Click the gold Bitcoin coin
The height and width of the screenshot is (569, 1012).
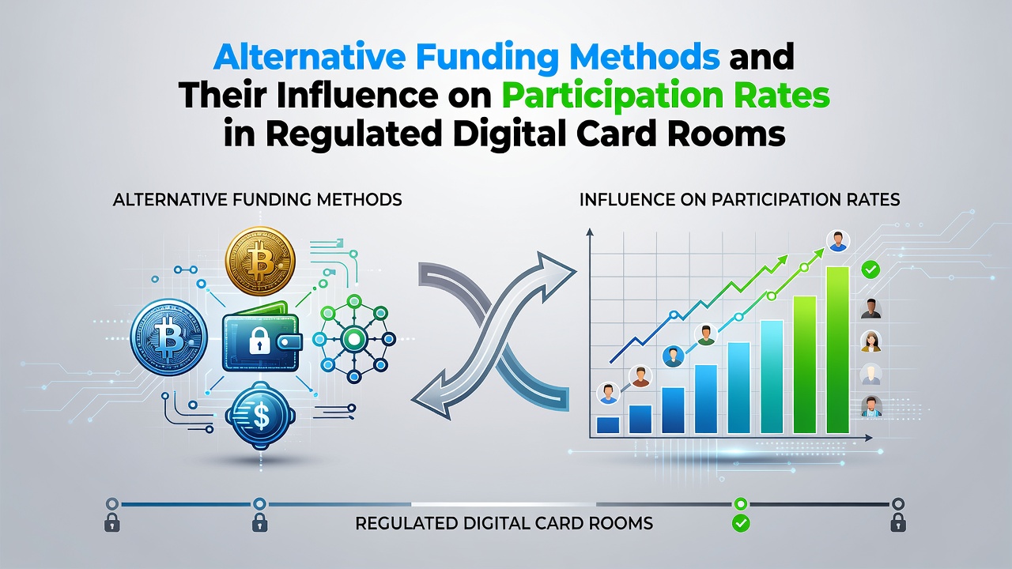pyautogui.click(x=260, y=262)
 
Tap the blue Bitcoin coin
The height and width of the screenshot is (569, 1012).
pyautogui.click(x=169, y=337)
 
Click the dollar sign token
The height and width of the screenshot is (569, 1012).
pyautogui.click(x=261, y=416)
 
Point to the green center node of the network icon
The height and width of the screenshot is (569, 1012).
pyautogui.click(x=353, y=337)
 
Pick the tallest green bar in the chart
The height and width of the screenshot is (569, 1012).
pyautogui.click(x=837, y=350)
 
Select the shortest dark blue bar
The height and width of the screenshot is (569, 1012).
pyautogui.click(x=608, y=425)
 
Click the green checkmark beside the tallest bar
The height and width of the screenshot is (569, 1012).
pyautogui.click(x=870, y=269)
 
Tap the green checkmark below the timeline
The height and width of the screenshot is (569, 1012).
pyautogui.click(x=741, y=523)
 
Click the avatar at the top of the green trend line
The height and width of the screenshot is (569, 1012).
pyautogui.click(x=838, y=242)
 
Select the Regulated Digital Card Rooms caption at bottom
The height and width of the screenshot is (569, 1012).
pyautogui.click(x=504, y=523)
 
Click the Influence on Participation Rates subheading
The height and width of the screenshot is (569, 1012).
pyautogui.click(x=739, y=200)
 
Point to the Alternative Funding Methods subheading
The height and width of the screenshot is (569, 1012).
pyautogui.click(x=258, y=200)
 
